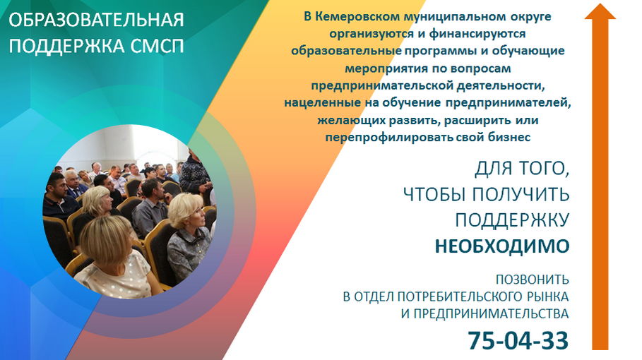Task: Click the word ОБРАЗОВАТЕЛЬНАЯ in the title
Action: (x=96, y=20)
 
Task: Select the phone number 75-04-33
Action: (x=518, y=340)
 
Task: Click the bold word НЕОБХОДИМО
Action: (x=502, y=246)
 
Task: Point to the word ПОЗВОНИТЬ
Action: (x=533, y=280)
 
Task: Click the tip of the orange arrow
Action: (x=600, y=4)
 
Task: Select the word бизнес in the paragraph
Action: (x=509, y=137)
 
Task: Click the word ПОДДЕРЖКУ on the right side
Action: (x=512, y=220)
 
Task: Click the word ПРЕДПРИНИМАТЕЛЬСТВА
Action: (x=491, y=314)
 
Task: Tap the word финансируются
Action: (x=477, y=34)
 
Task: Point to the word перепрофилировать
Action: (x=388, y=138)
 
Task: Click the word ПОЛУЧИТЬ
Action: (x=521, y=194)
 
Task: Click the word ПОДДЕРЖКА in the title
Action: (x=66, y=46)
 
